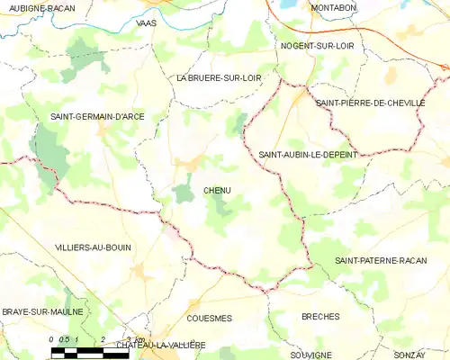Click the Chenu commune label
click(x=218, y=191)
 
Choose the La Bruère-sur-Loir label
click(x=219, y=78)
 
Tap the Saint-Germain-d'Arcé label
click(x=96, y=117)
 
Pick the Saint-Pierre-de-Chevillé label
click(x=370, y=103)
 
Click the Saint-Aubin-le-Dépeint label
click(x=307, y=155)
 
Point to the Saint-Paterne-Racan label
click(x=381, y=260)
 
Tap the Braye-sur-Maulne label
click(x=42, y=311)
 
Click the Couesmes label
click(x=209, y=318)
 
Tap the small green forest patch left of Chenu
click(x=184, y=192)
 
